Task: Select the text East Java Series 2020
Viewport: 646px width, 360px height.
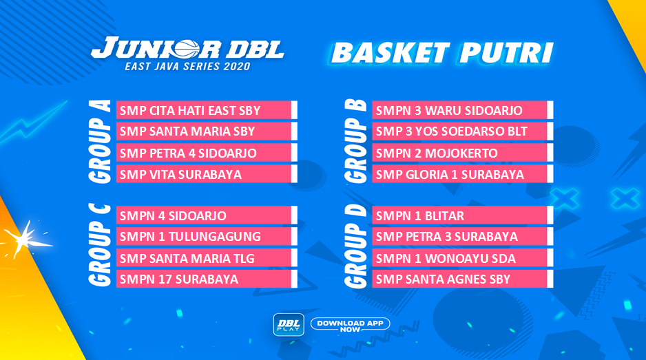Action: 187,66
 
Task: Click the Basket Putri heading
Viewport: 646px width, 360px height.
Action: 441,53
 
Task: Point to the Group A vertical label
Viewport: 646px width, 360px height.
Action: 100,141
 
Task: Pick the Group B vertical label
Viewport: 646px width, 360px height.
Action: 355,141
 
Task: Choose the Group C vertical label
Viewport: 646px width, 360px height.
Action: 100,246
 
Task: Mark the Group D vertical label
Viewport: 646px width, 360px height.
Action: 355,246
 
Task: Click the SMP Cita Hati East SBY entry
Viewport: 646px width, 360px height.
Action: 207,110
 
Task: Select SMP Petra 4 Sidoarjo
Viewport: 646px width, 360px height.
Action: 207,153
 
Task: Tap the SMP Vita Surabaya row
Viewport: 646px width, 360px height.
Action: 207,174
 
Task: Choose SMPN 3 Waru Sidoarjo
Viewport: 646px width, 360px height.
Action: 462,110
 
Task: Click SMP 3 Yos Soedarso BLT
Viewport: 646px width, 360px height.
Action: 462,131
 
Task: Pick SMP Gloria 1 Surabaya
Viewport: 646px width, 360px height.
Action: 462,174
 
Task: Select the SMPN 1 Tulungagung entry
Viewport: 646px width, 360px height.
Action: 207,236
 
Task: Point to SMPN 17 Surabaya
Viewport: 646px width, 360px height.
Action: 207,279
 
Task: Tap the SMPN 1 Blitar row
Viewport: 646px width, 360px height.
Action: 462,215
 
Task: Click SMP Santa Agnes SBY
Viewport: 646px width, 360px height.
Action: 462,279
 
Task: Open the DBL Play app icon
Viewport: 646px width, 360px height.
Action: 289,325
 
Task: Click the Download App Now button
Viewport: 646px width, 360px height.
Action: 350,325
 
